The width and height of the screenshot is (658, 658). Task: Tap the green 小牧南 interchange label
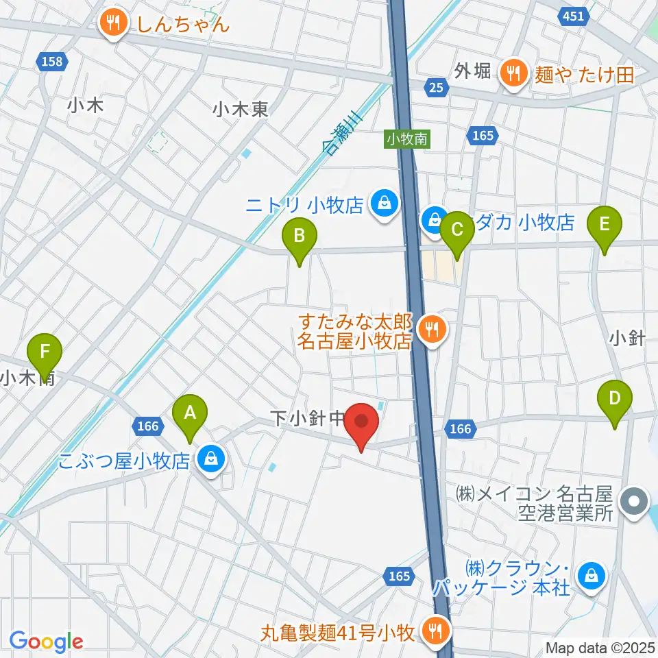pos(406,139)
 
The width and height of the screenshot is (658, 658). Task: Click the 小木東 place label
pos(240,108)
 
